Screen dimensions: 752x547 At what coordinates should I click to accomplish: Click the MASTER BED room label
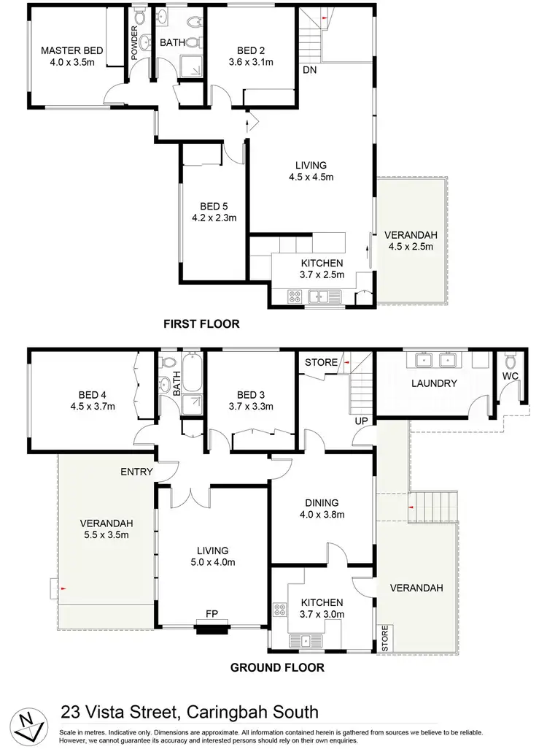[72, 50]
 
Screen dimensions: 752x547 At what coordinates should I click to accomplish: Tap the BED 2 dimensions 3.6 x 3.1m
[252, 62]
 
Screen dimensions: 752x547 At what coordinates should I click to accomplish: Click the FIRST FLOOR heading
[201, 323]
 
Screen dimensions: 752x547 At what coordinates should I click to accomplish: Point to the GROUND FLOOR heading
[277, 667]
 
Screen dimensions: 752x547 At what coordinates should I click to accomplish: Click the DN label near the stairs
[311, 69]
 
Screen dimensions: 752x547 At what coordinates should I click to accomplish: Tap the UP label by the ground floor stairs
[360, 421]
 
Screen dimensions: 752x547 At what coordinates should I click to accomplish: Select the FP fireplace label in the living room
[212, 614]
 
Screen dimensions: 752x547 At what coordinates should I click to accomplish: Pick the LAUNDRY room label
[433, 383]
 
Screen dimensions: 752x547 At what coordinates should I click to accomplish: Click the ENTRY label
[136, 472]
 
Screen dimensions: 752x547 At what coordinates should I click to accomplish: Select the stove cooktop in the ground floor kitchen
[280, 610]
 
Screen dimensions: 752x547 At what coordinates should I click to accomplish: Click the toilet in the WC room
[510, 361]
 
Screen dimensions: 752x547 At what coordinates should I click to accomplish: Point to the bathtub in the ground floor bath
[193, 375]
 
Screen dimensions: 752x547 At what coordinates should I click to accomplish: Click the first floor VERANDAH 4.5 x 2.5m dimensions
[411, 246]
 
